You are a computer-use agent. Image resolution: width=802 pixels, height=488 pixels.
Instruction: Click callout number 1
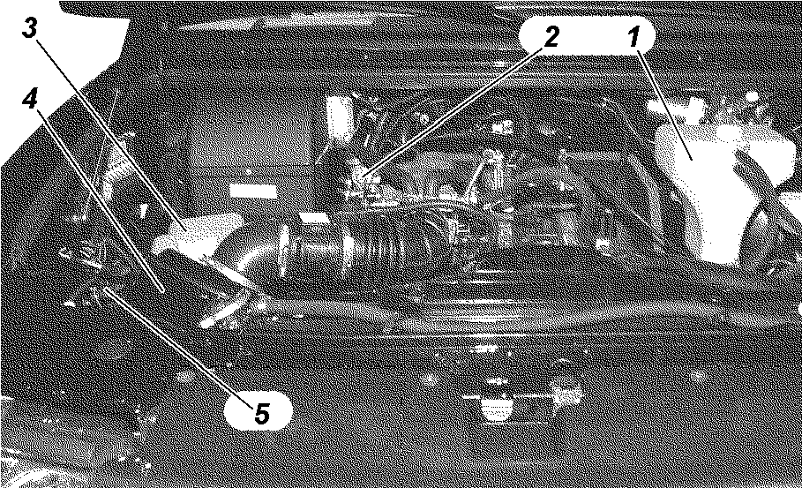click(x=633, y=37)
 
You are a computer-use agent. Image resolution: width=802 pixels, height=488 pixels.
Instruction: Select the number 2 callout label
click(x=551, y=36)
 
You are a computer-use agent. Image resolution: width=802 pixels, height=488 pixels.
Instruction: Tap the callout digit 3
click(x=30, y=27)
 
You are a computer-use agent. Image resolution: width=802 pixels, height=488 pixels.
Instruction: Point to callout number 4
click(x=30, y=98)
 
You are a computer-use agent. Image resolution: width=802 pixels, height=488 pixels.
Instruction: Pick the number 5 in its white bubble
click(x=261, y=413)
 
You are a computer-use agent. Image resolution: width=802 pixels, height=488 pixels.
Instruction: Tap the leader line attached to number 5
click(x=179, y=348)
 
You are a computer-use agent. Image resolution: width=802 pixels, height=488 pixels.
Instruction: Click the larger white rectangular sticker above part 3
click(x=252, y=191)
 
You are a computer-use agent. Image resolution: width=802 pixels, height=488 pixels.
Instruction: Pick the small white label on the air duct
click(x=313, y=219)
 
